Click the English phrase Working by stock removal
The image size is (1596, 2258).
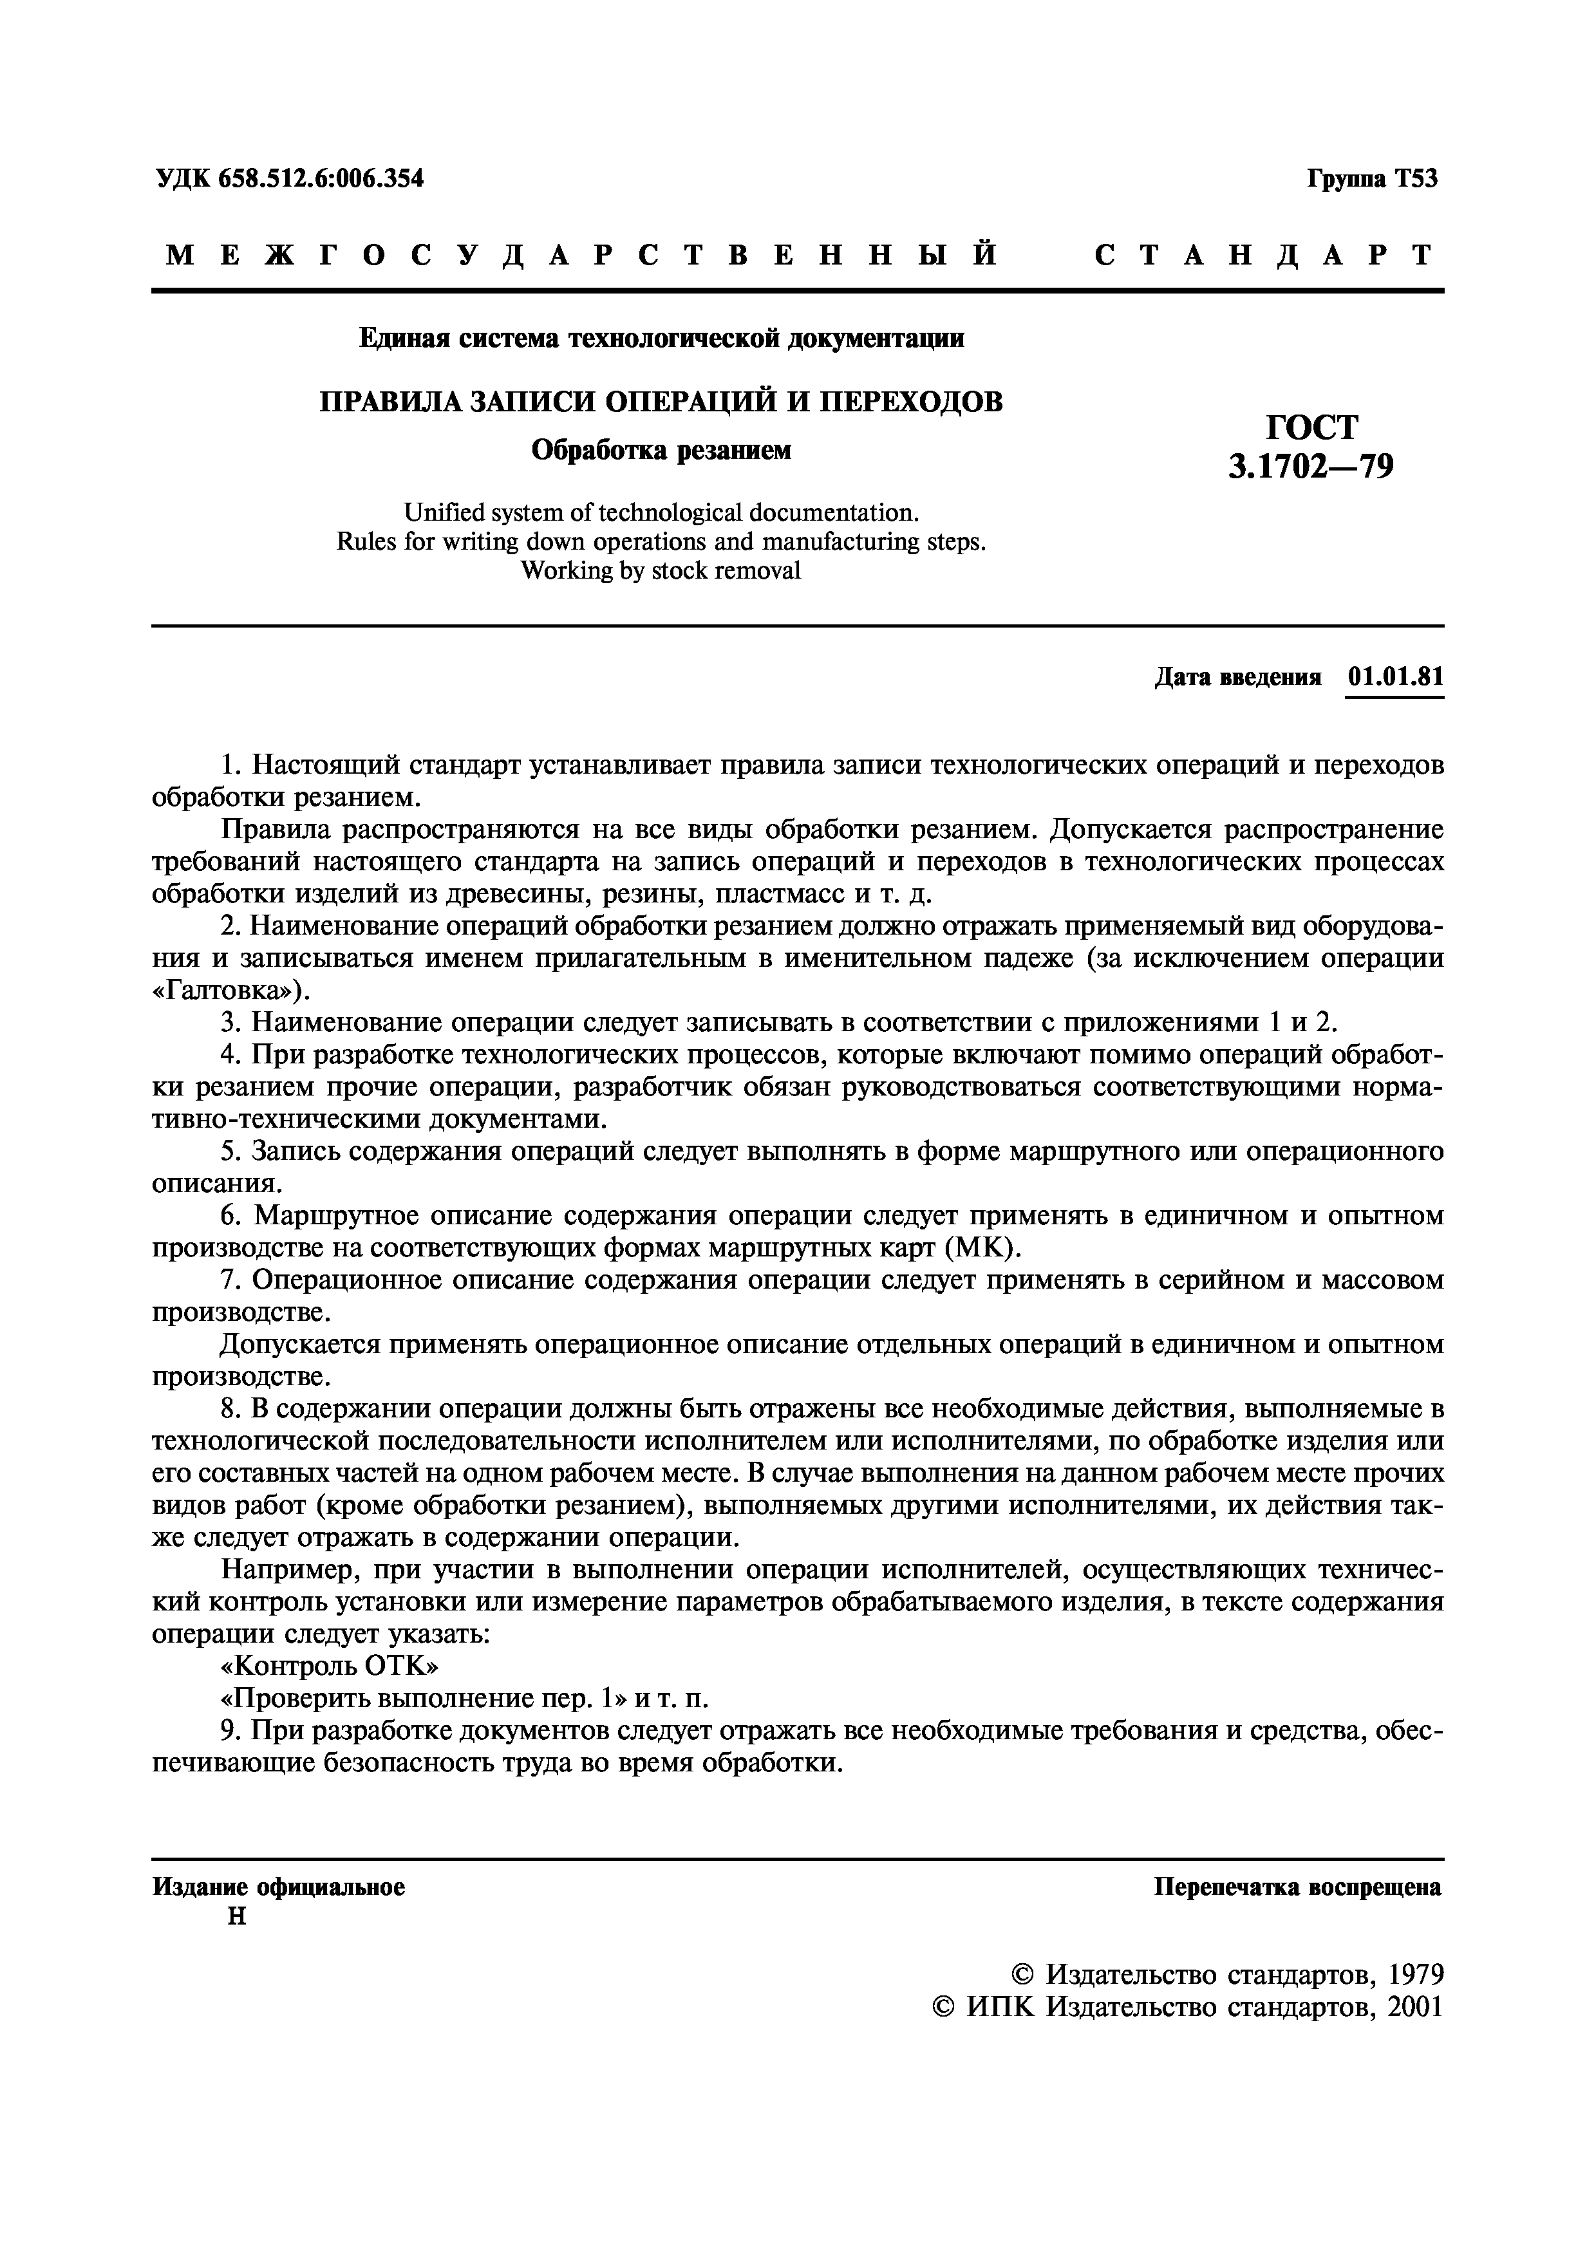tap(661, 570)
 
